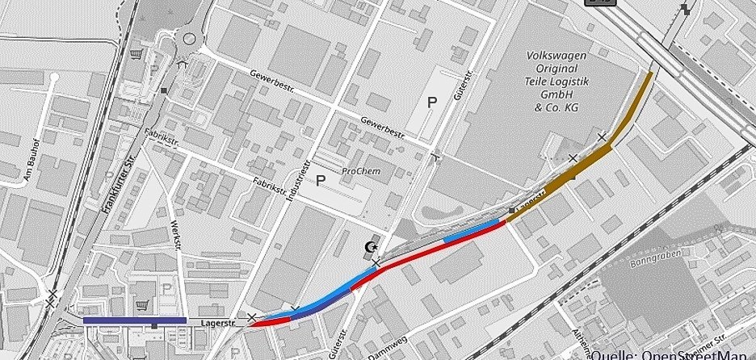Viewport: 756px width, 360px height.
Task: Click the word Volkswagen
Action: pyautogui.click(x=556, y=56)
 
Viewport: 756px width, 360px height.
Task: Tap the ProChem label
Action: pyautogui.click(x=360, y=171)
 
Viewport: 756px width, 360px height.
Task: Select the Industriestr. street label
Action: pyautogui.click(x=299, y=182)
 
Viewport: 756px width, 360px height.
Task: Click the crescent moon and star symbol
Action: pyautogui.click(x=372, y=245)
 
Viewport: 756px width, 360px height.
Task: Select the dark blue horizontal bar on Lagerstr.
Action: pyautogui.click(x=134, y=320)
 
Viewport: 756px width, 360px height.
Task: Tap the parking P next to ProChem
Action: pyautogui.click(x=321, y=179)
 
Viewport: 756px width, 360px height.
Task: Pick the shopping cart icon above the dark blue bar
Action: pyautogui.click(x=143, y=304)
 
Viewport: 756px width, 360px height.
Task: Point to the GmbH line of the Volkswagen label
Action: pyautogui.click(x=556, y=94)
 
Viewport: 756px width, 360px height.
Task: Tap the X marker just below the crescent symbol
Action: pyautogui.click(x=376, y=263)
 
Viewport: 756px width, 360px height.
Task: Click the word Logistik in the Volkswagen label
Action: pyautogui.click(x=565, y=82)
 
